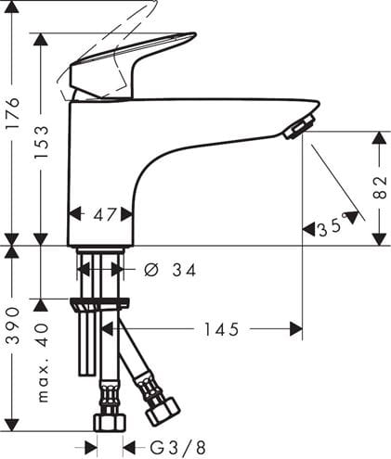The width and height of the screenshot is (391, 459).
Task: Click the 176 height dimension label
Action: (x=13, y=113)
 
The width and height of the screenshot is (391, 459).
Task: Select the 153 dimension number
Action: (x=42, y=142)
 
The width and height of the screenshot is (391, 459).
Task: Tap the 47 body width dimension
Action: (x=105, y=214)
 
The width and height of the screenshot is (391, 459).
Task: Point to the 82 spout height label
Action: (x=380, y=187)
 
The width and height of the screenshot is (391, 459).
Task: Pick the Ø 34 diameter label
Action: (x=170, y=270)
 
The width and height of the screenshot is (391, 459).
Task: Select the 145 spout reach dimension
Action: (x=222, y=329)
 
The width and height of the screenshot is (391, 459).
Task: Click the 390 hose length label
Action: (x=13, y=325)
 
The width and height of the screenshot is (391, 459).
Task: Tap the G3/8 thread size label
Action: (x=177, y=447)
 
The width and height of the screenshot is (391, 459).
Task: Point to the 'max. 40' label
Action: (x=43, y=363)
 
